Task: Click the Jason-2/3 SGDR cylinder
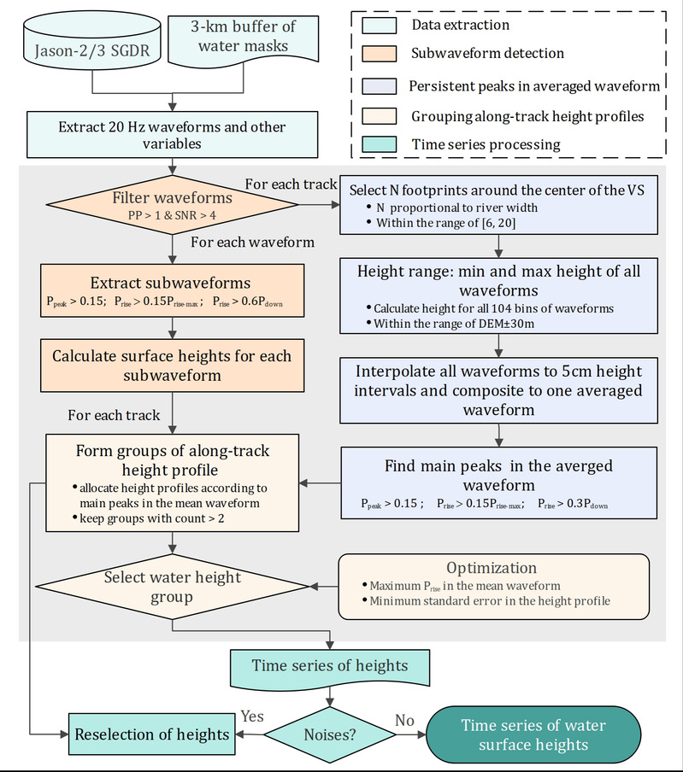(x=90, y=49)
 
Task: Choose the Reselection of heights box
(x=150, y=734)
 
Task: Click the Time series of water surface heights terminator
(x=533, y=734)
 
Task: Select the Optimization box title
(x=492, y=568)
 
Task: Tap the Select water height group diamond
(x=173, y=587)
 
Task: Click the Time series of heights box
(x=329, y=665)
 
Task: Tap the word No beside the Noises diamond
(x=403, y=720)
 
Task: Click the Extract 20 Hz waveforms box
(x=173, y=135)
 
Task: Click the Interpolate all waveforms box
(x=498, y=390)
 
